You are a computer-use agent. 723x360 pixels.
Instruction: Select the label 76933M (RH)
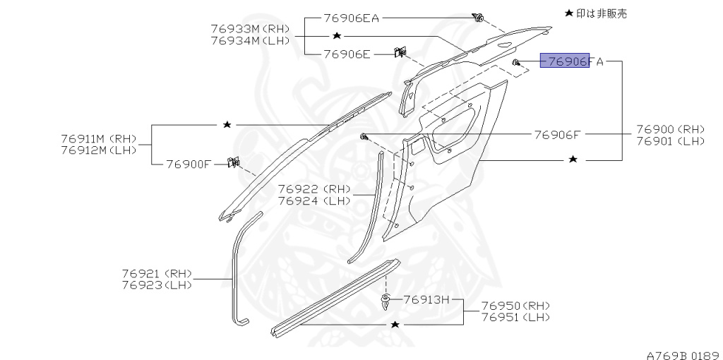pos(250,29)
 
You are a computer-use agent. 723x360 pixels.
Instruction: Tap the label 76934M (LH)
pos(250,40)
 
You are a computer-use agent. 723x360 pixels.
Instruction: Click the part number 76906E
pos(347,53)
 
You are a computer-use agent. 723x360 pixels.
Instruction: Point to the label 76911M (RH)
pos(98,138)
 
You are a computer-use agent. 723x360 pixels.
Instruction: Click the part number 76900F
pos(189,164)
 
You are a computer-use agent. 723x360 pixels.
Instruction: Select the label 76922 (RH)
pos(313,189)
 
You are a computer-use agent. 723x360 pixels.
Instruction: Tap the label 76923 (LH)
pos(156,284)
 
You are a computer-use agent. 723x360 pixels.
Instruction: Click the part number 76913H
pos(426,299)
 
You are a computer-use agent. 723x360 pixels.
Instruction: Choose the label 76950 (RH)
pos(515,306)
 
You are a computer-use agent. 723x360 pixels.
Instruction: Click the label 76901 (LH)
pos(670,140)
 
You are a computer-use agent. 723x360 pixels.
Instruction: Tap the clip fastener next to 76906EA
pos(479,18)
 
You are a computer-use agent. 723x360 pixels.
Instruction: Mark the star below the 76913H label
pos(395,324)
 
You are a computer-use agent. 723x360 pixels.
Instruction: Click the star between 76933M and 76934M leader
pos(337,35)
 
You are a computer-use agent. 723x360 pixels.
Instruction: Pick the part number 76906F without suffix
pos(557,134)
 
